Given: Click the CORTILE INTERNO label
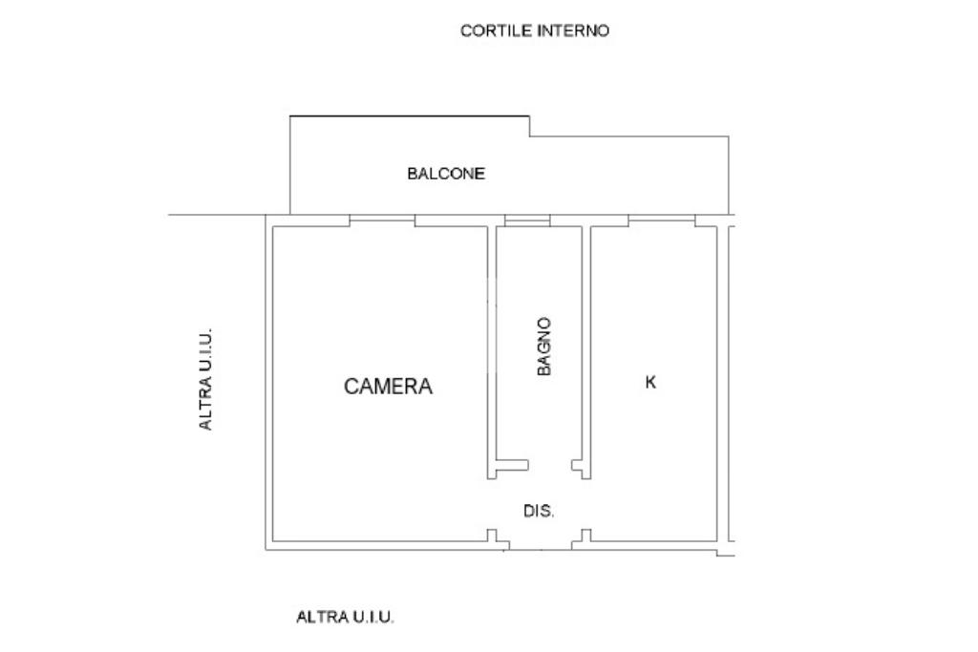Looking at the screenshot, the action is [534, 31].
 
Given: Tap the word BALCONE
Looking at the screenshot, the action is [446, 174].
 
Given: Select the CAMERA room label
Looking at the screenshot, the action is [388, 387].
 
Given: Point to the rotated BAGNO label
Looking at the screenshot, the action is [543, 347].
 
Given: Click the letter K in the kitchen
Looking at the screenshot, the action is [651, 383].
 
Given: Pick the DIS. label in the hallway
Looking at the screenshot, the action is [539, 512].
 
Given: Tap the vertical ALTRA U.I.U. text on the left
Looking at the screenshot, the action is [205, 379].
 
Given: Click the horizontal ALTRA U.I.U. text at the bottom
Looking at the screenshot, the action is [345, 617].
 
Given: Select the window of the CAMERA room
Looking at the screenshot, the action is [382, 221].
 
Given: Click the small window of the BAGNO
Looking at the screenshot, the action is [527, 221].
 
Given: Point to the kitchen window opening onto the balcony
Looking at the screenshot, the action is [661, 221].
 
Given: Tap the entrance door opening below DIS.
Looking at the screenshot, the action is [540, 547].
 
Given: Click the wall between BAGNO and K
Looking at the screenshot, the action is [586, 344].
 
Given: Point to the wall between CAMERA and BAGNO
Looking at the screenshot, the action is [492, 344].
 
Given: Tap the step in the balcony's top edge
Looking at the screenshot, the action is [530, 126].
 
